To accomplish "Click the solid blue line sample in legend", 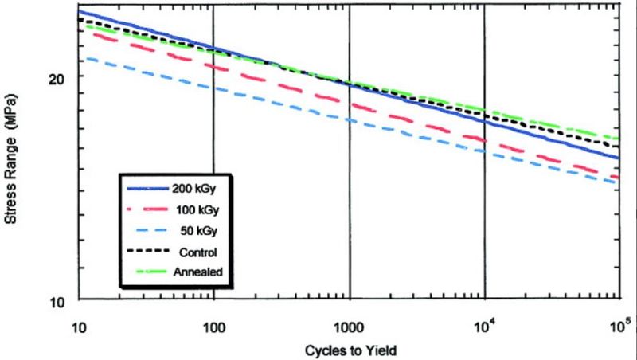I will [x=144, y=190].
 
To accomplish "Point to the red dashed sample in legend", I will [x=144, y=211].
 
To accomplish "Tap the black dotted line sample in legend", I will [x=144, y=252].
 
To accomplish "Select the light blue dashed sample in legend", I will [x=144, y=232].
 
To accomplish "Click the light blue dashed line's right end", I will [x=618, y=183].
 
